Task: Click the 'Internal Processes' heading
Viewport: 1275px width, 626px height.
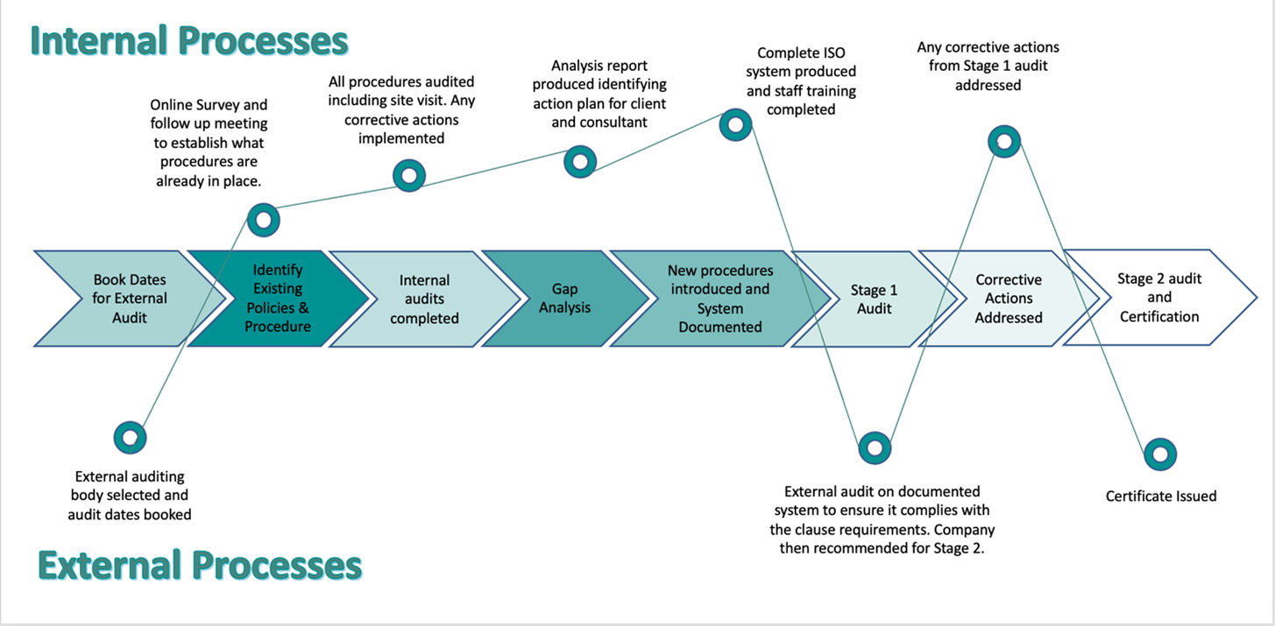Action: click(189, 41)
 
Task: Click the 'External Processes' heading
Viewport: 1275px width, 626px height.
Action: click(200, 566)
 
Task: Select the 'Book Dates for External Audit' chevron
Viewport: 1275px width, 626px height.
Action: click(130, 299)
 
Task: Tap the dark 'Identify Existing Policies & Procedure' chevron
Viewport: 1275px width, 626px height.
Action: click(278, 299)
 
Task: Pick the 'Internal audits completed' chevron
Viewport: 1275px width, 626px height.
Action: click(425, 299)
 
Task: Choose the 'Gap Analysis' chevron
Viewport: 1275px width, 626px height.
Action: click(564, 299)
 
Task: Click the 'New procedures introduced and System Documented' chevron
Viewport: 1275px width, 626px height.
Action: click(720, 299)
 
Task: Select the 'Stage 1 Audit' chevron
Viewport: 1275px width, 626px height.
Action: click(875, 299)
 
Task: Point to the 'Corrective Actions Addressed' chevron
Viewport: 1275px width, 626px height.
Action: click(1009, 299)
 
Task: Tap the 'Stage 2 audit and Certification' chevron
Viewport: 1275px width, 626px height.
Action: click(1159, 298)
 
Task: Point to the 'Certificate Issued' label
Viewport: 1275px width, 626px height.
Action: click(1161, 496)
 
